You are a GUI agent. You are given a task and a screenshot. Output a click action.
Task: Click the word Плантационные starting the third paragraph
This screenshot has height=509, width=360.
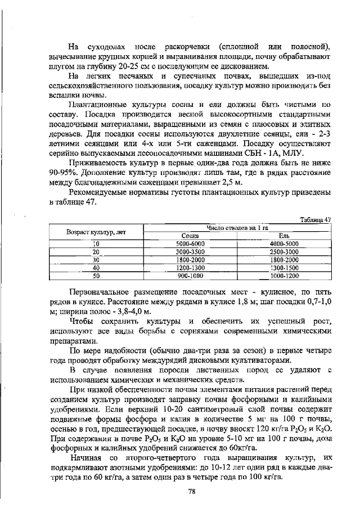pyautogui.click(x=101, y=105)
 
